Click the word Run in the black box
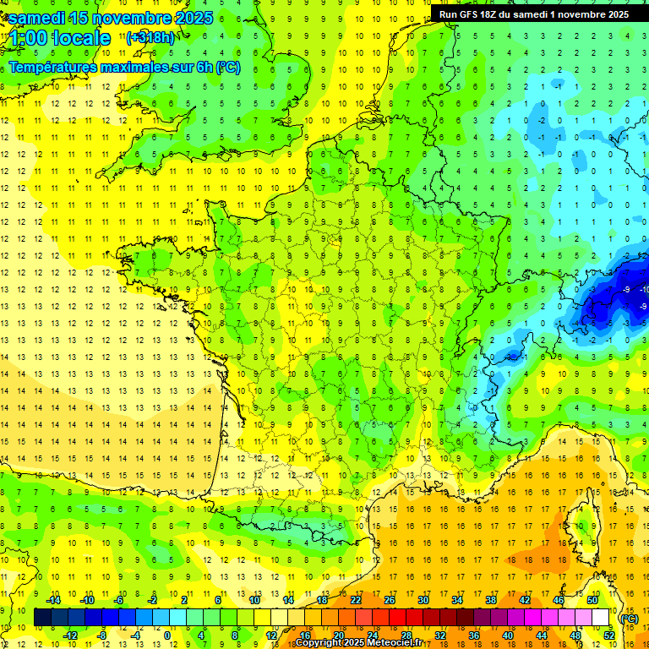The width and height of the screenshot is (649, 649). [x=449, y=14]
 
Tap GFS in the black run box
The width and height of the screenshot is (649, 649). [x=472, y=14]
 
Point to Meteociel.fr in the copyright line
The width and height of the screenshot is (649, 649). [x=395, y=643]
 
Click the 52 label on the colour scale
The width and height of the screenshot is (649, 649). [x=608, y=635]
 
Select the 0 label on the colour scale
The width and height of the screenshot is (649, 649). [x=167, y=635]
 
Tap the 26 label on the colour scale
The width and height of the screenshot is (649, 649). [x=390, y=600]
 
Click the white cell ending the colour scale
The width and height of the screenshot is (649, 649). [x=601, y=618]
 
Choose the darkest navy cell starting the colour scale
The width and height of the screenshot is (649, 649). [x=42, y=618]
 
